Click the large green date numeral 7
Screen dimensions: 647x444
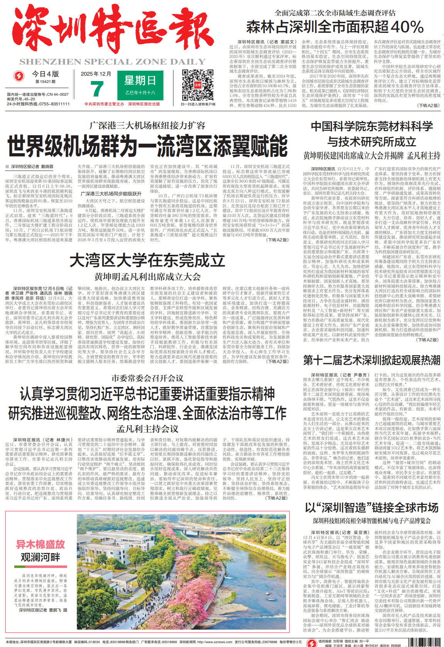click(x=97, y=89)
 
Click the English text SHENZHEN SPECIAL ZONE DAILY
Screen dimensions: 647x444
click(x=112, y=62)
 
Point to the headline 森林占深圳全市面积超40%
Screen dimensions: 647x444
click(x=335, y=27)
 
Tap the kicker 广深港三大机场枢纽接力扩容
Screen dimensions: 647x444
click(x=147, y=125)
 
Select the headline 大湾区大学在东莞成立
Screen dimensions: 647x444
click(x=147, y=261)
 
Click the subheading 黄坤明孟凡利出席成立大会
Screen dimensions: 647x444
click(x=147, y=277)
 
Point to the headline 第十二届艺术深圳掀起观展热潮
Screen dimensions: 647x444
click(x=371, y=360)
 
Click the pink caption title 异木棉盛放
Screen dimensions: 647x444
click(x=40, y=545)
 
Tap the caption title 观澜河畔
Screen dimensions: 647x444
click(x=40, y=557)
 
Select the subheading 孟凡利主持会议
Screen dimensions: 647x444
click(x=147, y=429)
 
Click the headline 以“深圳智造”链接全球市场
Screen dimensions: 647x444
click(x=371, y=508)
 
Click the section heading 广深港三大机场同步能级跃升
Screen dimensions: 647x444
click(x=111, y=194)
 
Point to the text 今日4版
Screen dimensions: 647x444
click(x=45, y=74)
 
